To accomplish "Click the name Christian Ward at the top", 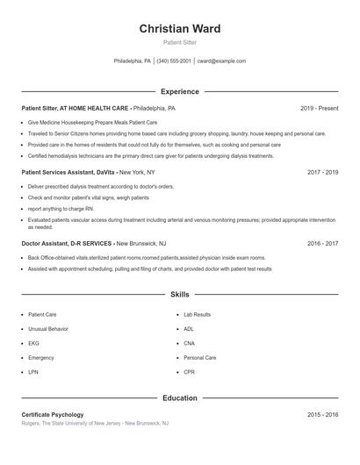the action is [x=180, y=29].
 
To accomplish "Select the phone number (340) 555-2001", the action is [x=175, y=61].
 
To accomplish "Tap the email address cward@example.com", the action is [x=221, y=61].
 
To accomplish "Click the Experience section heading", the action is [x=180, y=91].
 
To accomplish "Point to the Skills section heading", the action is [x=180, y=295].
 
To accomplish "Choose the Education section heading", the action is [x=180, y=397].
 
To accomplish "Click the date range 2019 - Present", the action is [x=319, y=108].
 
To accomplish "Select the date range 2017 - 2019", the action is [x=322, y=173].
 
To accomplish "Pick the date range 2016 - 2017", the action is [x=322, y=243].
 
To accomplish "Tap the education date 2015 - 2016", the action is [x=322, y=414].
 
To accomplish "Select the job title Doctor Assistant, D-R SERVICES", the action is [x=67, y=243].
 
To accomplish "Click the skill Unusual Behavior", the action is [x=48, y=328].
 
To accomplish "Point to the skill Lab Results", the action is [x=197, y=314].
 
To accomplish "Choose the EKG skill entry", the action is [x=34, y=343].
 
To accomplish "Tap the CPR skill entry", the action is [x=189, y=372].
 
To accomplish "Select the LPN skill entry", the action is [x=33, y=372].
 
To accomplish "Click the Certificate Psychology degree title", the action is [x=53, y=414].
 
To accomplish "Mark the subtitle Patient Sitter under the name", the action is [x=180, y=42].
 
